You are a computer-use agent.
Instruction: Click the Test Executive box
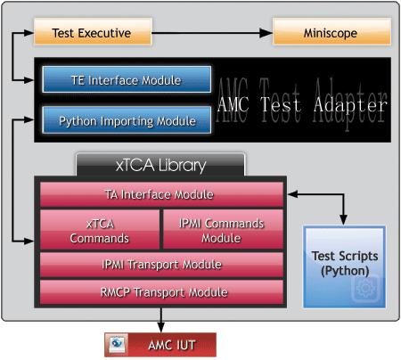click(x=93, y=32)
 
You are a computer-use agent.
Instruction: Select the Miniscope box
click(x=331, y=32)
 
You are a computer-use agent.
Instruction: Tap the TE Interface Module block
click(x=127, y=79)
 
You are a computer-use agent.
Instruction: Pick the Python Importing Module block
click(x=127, y=120)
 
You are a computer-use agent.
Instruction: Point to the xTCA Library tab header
click(x=160, y=164)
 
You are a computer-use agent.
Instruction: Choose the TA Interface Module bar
click(x=161, y=194)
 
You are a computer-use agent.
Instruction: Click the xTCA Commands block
click(x=100, y=230)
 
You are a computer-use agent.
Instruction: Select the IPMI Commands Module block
click(x=223, y=229)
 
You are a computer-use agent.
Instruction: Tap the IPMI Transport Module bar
click(x=161, y=265)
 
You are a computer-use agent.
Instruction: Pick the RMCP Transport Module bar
click(x=161, y=292)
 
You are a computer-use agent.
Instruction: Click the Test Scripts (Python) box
click(x=344, y=266)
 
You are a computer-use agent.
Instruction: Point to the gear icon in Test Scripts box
click(x=365, y=288)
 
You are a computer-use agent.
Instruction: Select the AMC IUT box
click(x=160, y=345)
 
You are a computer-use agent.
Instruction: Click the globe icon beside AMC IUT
click(x=117, y=344)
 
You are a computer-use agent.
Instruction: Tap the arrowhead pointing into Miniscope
click(x=266, y=33)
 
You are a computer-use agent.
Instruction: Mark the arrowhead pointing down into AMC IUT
click(x=160, y=327)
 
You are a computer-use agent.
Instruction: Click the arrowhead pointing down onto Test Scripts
click(x=343, y=219)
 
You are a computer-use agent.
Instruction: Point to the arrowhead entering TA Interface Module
click(x=293, y=194)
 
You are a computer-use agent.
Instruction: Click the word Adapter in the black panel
click(x=350, y=105)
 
